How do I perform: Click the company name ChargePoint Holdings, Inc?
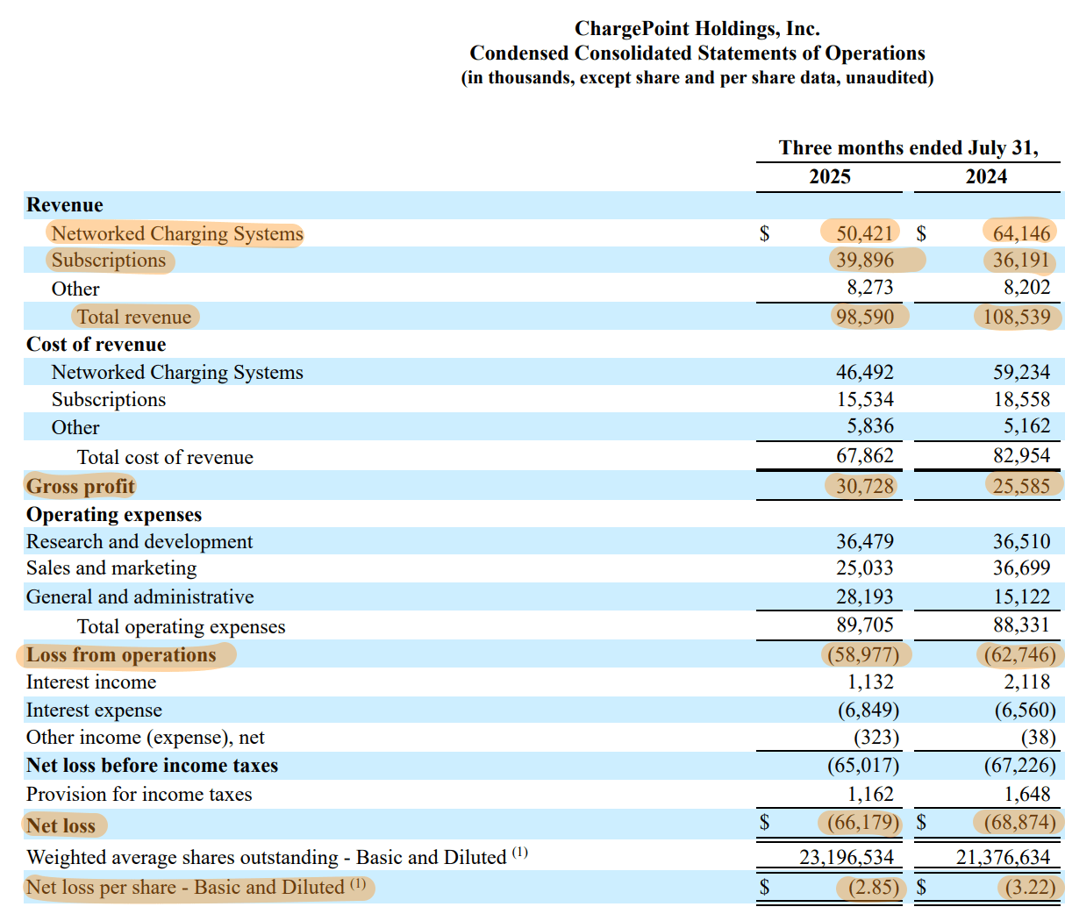(x=697, y=29)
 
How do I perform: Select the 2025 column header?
(x=829, y=176)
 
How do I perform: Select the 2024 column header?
(x=986, y=176)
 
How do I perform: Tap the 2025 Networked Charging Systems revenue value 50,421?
(x=863, y=232)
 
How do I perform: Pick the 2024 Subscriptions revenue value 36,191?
(x=1020, y=260)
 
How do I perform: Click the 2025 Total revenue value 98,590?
(x=864, y=317)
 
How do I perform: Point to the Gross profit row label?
(x=81, y=486)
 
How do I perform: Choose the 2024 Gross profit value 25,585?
(x=1020, y=486)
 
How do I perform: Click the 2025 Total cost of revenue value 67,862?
(x=864, y=456)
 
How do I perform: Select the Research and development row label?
(x=139, y=542)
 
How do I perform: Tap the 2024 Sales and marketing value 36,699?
(x=1020, y=568)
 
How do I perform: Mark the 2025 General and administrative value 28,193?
(x=864, y=597)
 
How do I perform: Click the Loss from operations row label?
(x=121, y=655)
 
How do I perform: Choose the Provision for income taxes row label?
(x=139, y=795)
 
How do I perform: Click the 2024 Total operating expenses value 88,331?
(x=1020, y=626)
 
